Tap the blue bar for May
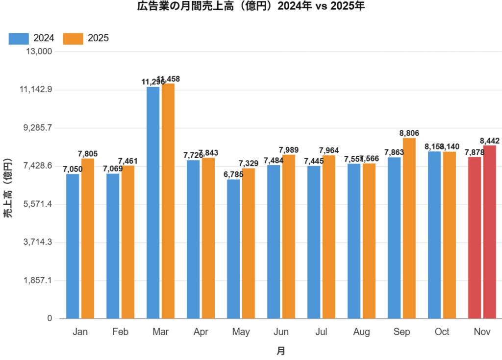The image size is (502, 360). (x=233, y=248)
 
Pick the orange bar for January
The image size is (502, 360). (x=88, y=238)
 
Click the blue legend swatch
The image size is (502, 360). (x=19, y=39)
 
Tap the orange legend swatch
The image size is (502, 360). (x=74, y=39)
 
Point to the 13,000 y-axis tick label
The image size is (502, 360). (x=38, y=51)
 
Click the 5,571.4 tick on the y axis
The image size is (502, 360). (x=38, y=204)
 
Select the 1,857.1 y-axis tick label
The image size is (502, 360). (x=38, y=281)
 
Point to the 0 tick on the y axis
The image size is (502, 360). (x=50, y=318)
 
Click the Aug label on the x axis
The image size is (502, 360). (x=361, y=332)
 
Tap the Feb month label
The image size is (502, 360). (x=120, y=332)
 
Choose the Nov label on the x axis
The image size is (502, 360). (x=482, y=332)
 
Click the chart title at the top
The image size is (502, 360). (x=251, y=6)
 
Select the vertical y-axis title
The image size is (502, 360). (x=7, y=188)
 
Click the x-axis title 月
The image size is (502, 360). (x=280, y=351)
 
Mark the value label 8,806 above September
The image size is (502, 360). (x=409, y=133)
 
